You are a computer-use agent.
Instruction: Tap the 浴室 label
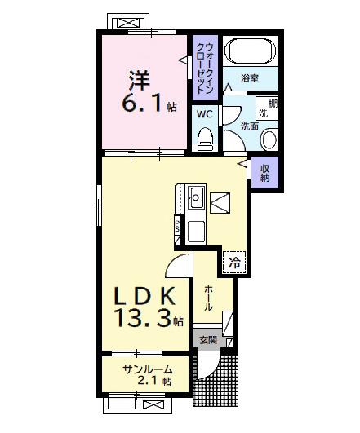[x=250, y=78]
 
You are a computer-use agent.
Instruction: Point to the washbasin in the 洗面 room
[x=268, y=139]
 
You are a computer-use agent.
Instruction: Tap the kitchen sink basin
[x=196, y=196]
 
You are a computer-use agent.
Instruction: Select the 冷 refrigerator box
[x=235, y=263]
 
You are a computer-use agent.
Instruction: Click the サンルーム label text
[x=147, y=369]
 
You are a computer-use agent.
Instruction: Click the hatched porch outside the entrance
[x=216, y=380]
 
